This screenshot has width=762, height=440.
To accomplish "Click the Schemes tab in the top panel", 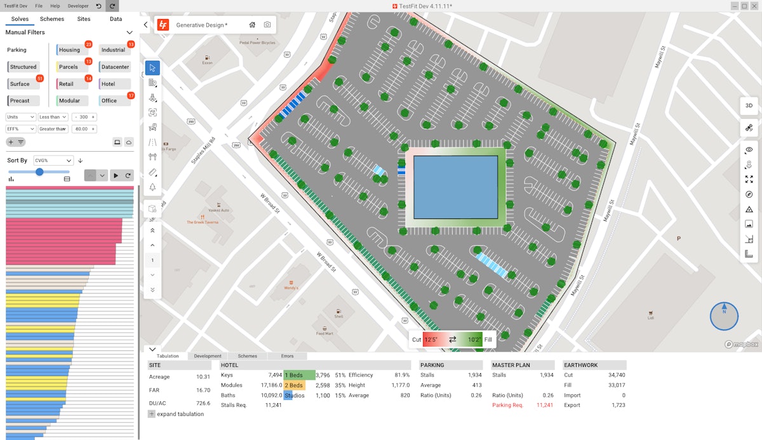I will click(x=52, y=19).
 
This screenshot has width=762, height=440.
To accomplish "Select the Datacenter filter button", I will click(x=115, y=67).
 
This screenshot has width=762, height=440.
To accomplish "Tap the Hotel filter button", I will click(x=108, y=84).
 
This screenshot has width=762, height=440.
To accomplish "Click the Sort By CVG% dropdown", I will click(x=53, y=161).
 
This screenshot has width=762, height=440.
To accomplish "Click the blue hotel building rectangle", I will click(x=455, y=187).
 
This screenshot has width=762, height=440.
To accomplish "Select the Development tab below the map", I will click(x=208, y=356).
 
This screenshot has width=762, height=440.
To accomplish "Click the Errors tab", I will click(x=287, y=356).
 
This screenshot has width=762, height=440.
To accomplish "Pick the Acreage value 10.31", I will click(x=203, y=377).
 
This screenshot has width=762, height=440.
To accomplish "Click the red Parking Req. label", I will click(x=507, y=405).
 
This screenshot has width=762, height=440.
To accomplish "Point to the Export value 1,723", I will click(x=616, y=405).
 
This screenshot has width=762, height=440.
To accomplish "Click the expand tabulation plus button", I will click(x=152, y=414).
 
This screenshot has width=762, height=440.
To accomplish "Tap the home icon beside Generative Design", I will click(x=252, y=25).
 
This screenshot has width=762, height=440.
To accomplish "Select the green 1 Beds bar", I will click(x=299, y=375).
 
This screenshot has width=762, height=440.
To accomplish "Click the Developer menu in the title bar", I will click(x=78, y=6).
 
